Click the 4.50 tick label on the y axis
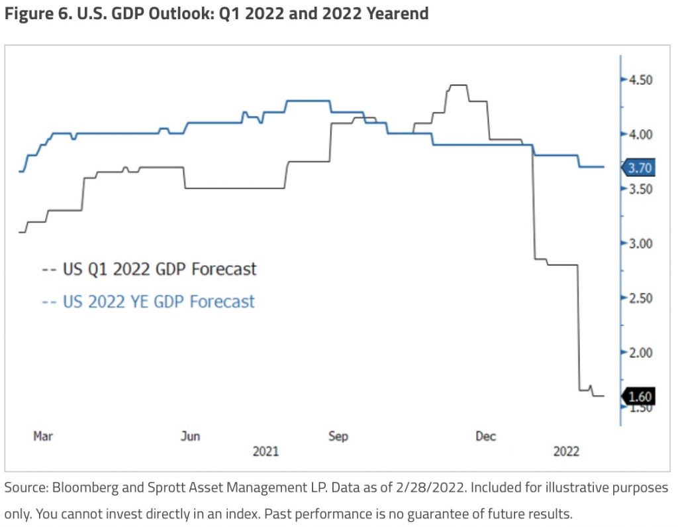tap(640, 80)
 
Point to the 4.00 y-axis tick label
tap(640, 134)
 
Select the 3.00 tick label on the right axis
tap(640, 243)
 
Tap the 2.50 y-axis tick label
tap(640, 298)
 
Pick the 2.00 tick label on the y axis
tap(640, 352)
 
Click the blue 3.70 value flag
tap(640, 168)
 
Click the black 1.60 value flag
tap(640, 397)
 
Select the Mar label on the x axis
tap(43, 436)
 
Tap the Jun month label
tap(191, 436)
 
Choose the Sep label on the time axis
tap(338, 436)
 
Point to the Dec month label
tap(486, 436)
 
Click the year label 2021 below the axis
tap(266, 452)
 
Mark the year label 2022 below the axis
tap(566, 452)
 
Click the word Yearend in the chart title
tap(395, 14)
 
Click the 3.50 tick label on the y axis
tap(640, 189)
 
